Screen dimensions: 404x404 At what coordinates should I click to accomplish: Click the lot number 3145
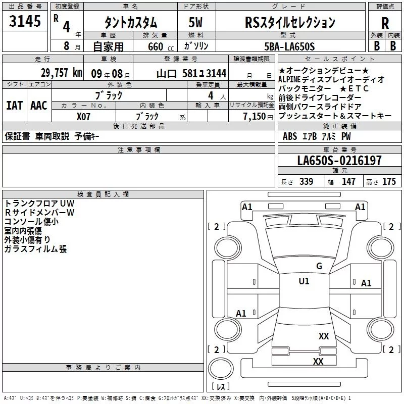(x=25, y=22)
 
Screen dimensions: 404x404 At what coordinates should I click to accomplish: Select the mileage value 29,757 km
(x=62, y=73)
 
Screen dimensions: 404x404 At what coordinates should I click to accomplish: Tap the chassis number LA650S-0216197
(x=339, y=161)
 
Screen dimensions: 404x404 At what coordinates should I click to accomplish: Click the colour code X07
(x=84, y=116)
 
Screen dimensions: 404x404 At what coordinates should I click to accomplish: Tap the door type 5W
(x=195, y=23)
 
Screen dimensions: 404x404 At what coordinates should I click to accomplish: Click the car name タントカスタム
(x=130, y=23)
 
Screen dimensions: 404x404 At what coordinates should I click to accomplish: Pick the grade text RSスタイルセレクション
(x=289, y=23)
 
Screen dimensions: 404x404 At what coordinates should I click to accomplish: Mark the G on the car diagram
(x=319, y=266)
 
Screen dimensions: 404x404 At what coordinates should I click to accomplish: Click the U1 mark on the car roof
(x=304, y=281)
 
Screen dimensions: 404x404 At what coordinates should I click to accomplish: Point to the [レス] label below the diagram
(x=220, y=387)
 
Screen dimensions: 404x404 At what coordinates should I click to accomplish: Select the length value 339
(x=306, y=182)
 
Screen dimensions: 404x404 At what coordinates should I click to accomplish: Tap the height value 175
(x=389, y=182)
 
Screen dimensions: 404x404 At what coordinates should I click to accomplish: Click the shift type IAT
(x=14, y=105)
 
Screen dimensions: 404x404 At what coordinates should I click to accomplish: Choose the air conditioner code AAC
(x=39, y=105)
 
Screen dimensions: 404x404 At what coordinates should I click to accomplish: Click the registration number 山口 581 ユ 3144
(x=191, y=73)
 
